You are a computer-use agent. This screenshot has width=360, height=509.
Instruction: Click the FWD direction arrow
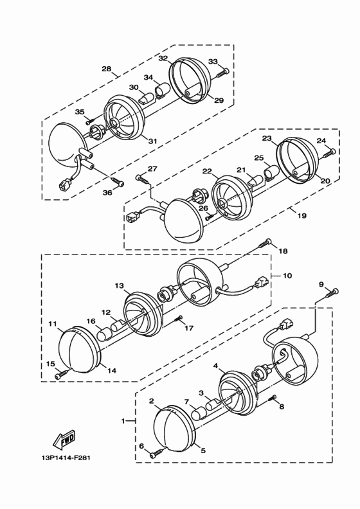click(x=63, y=438)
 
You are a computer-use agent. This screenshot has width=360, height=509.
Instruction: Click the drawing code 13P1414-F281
click(x=66, y=458)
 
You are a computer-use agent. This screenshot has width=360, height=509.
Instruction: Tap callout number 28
click(x=107, y=69)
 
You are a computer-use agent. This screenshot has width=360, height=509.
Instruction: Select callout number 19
click(x=302, y=215)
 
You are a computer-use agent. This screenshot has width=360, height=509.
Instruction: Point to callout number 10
click(x=287, y=276)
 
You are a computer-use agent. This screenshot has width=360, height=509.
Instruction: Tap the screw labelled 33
click(x=222, y=73)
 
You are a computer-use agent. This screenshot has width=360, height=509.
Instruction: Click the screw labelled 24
click(x=329, y=153)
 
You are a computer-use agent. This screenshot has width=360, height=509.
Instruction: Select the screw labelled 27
click(x=143, y=179)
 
